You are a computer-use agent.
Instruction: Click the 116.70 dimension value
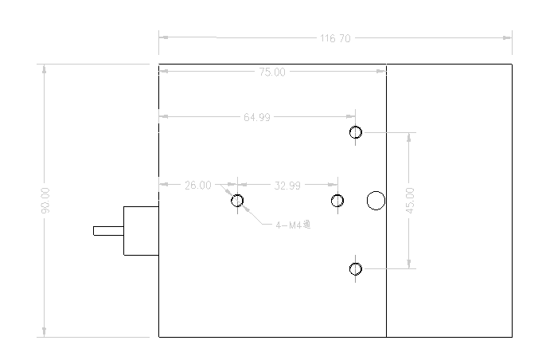[x=335, y=38]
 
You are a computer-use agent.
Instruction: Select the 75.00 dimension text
[x=271, y=72]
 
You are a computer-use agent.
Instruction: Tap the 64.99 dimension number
[x=256, y=117]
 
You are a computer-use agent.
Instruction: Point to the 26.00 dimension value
[x=198, y=186]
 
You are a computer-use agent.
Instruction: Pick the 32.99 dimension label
[x=287, y=186]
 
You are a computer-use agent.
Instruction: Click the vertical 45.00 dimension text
[x=410, y=199]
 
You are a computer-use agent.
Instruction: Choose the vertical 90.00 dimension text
[x=45, y=200]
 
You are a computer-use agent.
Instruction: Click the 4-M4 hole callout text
[x=291, y=225]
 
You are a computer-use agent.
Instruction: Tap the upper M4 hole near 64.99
[x=356, y=132]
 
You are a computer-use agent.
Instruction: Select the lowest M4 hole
[x=356, y=268]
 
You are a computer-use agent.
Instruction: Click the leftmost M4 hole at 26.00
[x=237, y=200]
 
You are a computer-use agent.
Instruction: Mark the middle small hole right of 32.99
[x=337, y=200]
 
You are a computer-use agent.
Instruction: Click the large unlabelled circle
[x=376, y=201]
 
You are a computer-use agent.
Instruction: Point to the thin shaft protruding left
[x=108, y=231]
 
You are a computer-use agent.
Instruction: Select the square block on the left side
[x=141, y=231]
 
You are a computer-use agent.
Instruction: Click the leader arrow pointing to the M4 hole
[x=248, y=209]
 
